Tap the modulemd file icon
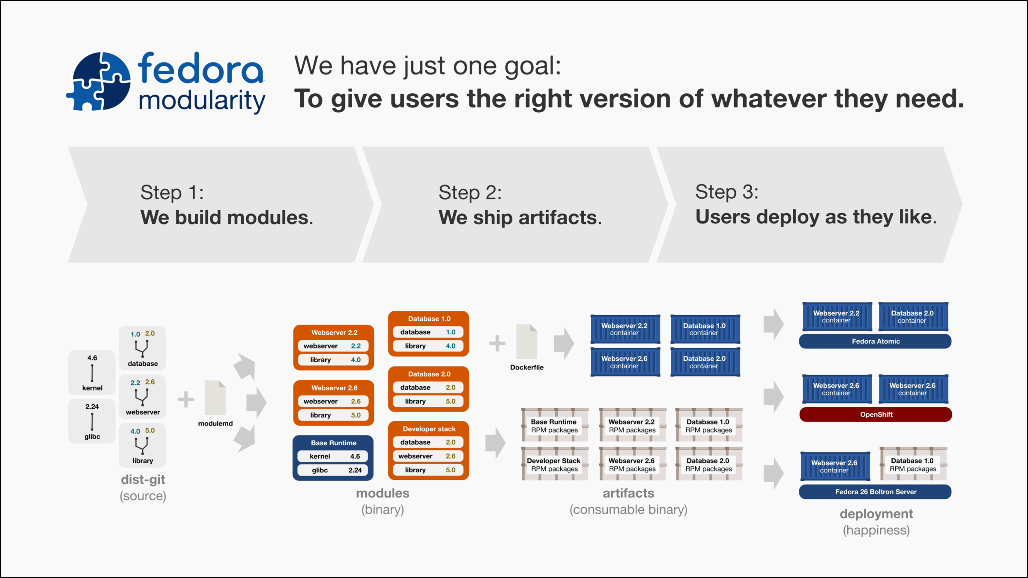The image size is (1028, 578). (x=215, y=398)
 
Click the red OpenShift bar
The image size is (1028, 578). (x=876, y=414)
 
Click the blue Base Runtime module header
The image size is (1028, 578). (x=333, y=443)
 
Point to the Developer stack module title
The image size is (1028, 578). (x=429, y=429)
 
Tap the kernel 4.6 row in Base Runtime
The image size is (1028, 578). (x=333, y=456)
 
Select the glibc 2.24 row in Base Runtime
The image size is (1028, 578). (x=333, y=470)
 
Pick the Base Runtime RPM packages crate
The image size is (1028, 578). (x=554, y=426)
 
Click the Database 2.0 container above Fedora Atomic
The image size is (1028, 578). (x=913, y=317)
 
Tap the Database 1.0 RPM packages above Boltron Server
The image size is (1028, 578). (x=913, y=465)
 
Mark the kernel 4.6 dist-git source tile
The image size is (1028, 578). (x=92, y=372)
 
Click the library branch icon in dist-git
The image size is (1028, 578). (x=142, y=446)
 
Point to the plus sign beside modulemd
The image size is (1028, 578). (x=186, y=399)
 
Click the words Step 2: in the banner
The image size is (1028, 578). (x=470, y=192)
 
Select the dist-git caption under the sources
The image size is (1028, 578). (x=143, y=480)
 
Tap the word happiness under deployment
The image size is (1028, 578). (x=876, y=530)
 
